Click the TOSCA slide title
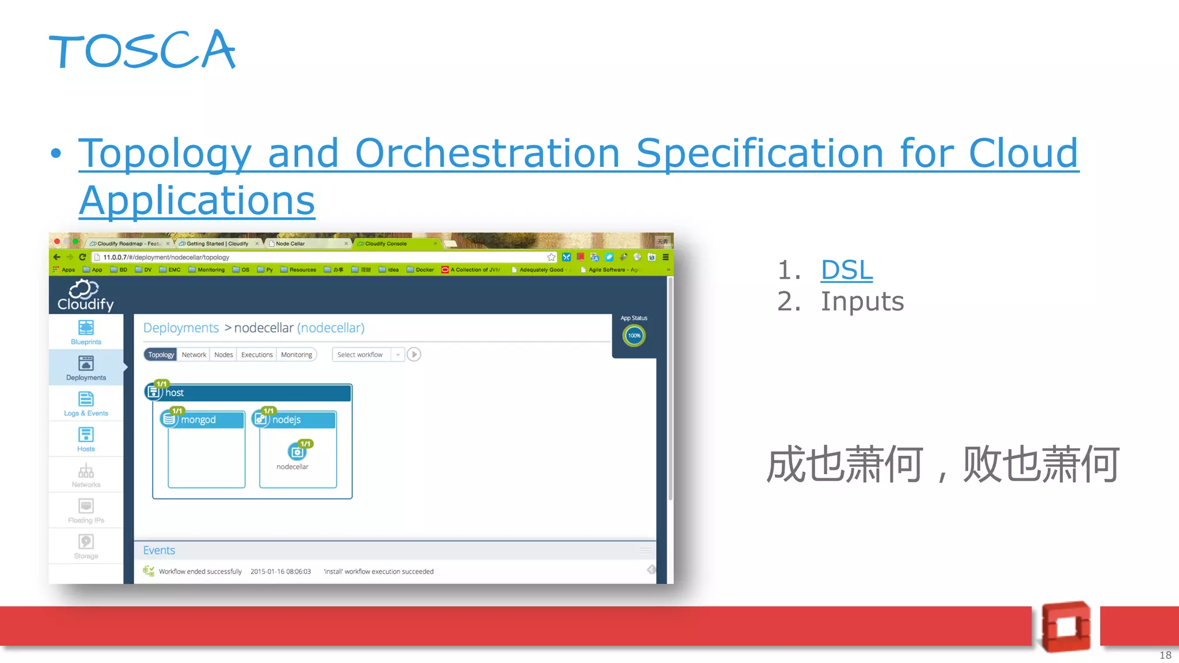[x=142, y=51]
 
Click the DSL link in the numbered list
[x=846, y=270]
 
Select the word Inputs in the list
[x=862, y=302]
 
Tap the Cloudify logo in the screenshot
[x=86, y=295]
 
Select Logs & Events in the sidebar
[x=86, y=403]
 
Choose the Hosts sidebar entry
[x=86, y=439]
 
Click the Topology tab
[x=161, y=355]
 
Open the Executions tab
[x=257, y=355]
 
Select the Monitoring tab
[x=296, y=355]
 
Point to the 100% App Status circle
[x=634, y=336]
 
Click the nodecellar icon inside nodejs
[x=297, y=452]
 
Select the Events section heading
[x=159, y=550]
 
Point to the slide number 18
[x=1165, y=655]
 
